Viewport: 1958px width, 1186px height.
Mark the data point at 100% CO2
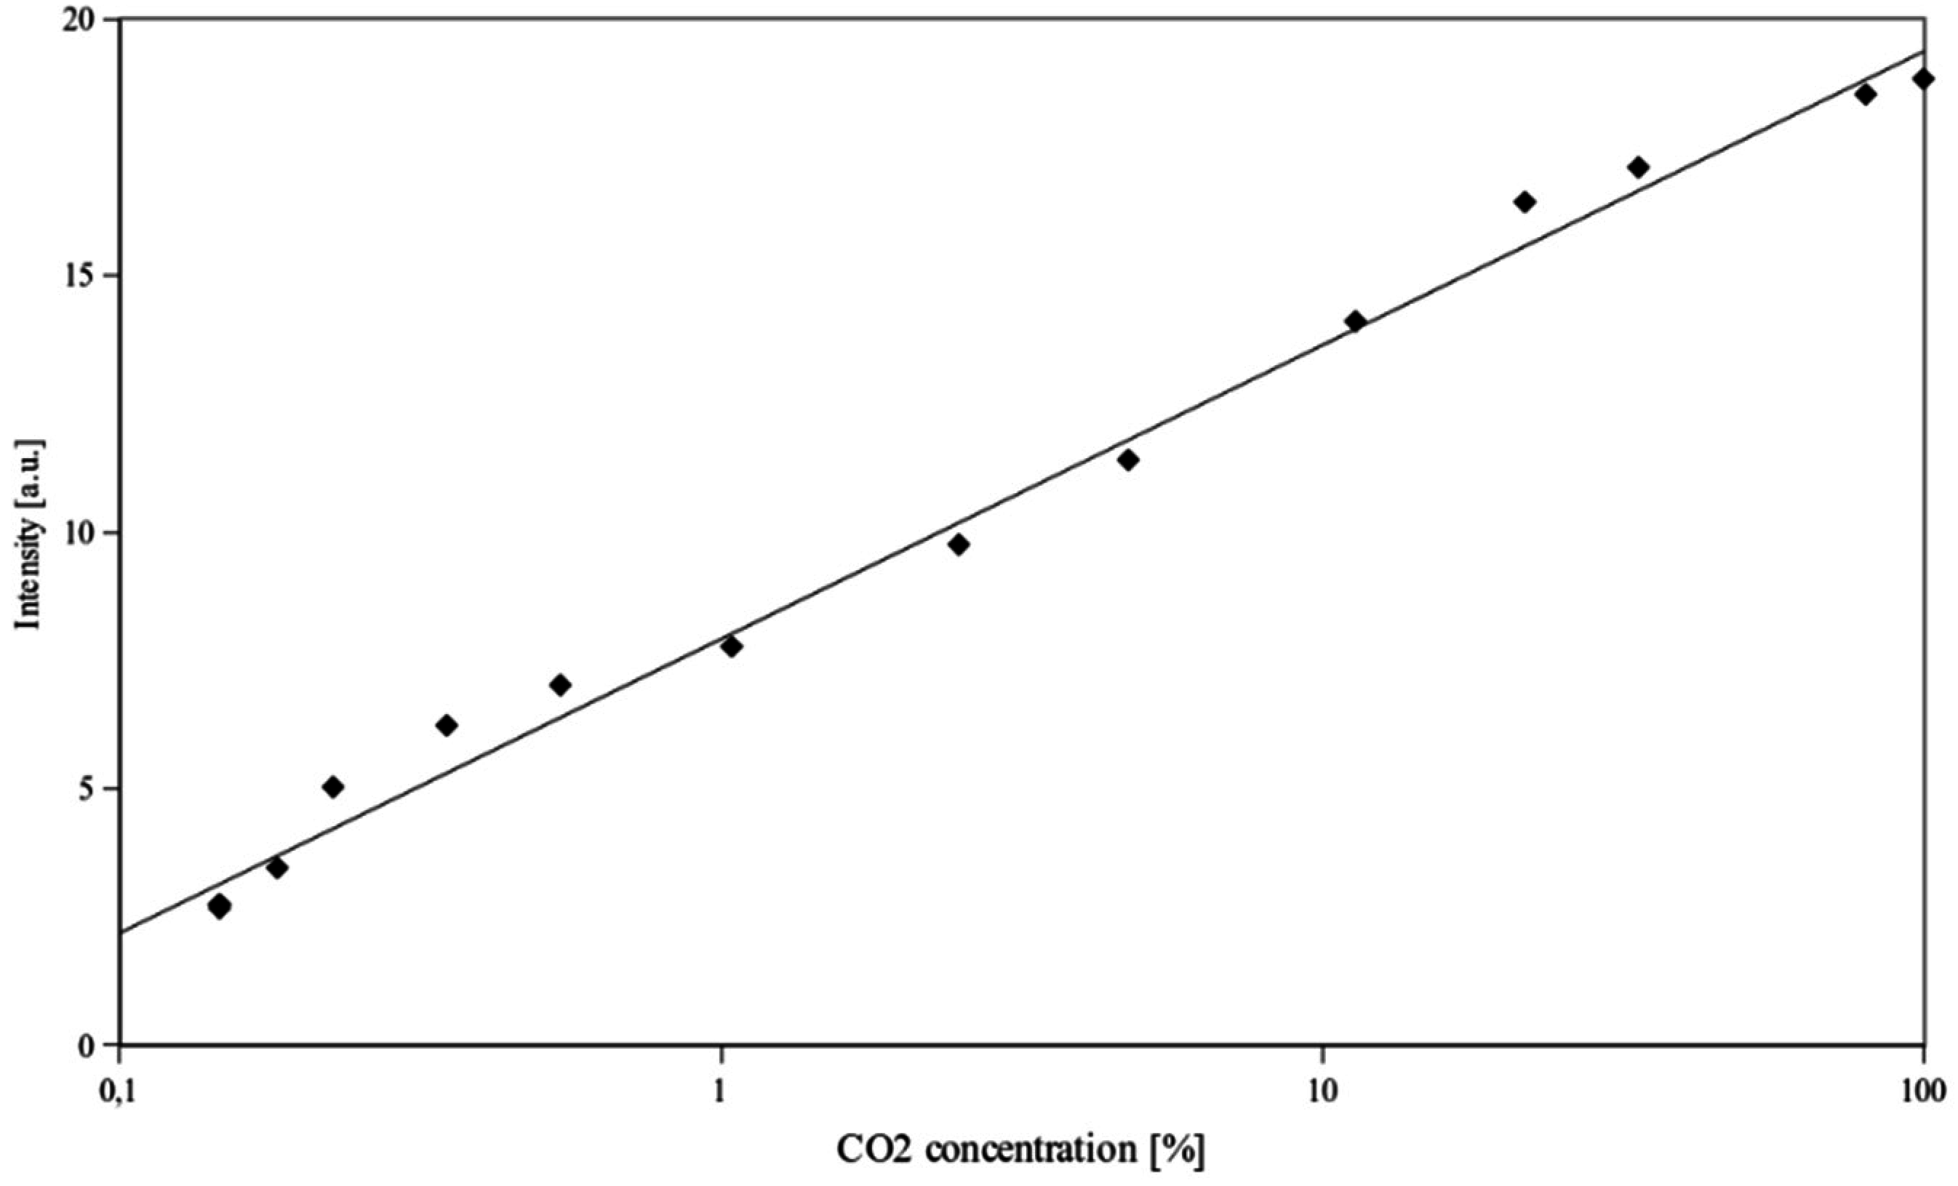(1923, 79)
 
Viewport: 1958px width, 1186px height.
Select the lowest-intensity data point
(220, 906)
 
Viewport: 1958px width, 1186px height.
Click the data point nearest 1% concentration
(732, 646)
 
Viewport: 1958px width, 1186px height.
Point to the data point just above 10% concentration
(1356, 321)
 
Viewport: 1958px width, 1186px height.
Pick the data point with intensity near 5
(334, 788)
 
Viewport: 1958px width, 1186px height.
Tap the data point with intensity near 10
(959, 544)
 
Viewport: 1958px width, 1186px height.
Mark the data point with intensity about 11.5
(1127, 459)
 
